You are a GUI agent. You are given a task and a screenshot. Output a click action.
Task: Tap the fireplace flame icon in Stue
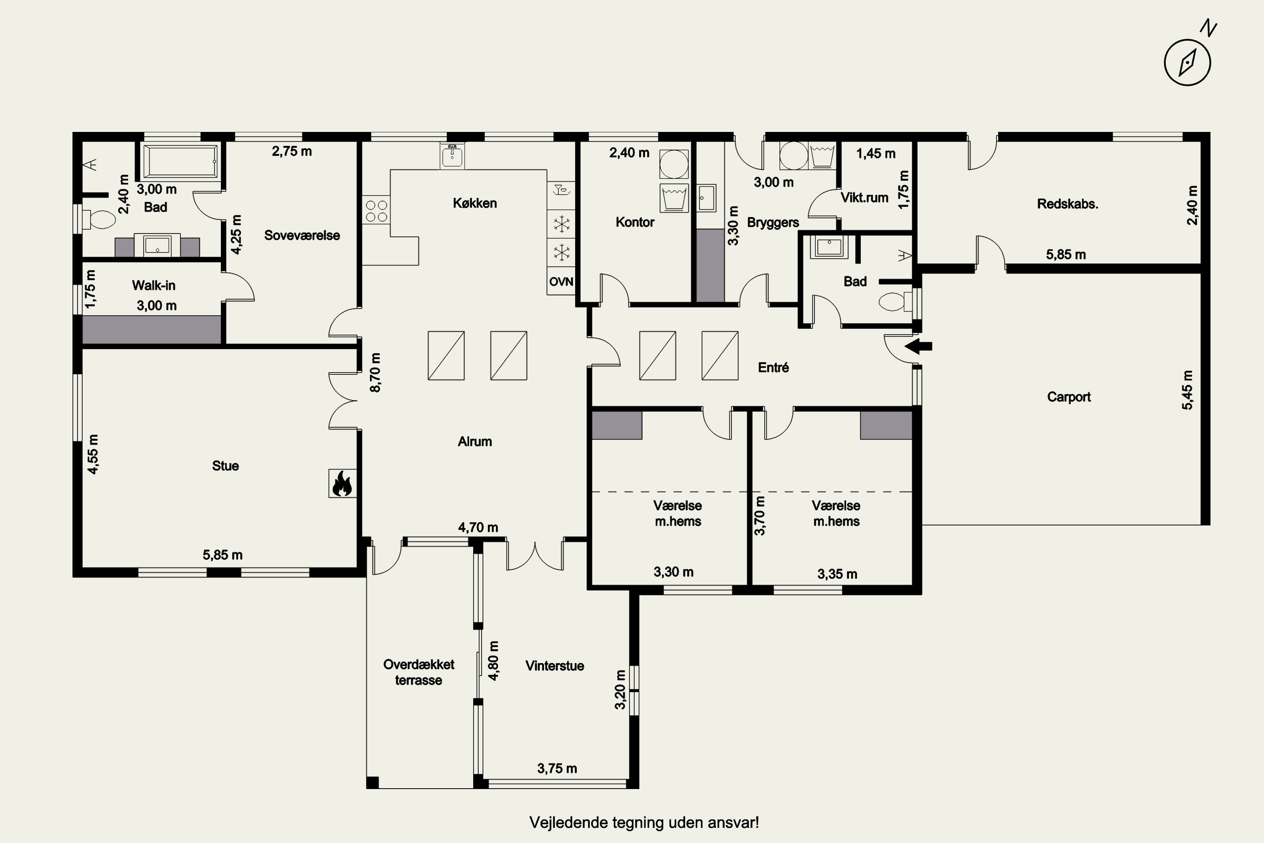click(342, 483)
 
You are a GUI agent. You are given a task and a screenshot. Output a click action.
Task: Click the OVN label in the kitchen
click(561, 282)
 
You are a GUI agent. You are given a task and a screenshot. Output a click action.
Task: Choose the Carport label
click(1069, 397)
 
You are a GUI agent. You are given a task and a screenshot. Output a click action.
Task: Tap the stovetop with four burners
click(376, 210)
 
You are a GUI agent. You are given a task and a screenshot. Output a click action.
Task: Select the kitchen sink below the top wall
click(452, 156)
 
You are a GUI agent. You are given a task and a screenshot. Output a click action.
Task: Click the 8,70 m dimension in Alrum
click(375, 373)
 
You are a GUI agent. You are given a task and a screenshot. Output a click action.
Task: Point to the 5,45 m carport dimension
click(1187, 390)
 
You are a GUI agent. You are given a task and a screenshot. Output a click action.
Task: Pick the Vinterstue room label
click(554, 666)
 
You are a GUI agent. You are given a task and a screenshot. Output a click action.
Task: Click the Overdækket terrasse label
click(419, 672)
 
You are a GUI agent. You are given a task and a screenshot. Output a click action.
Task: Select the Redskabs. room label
click(1067, 204)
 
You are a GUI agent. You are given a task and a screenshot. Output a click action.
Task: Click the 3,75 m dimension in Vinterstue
click(557, 768)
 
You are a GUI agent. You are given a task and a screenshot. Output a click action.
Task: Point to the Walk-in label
click(154, 285)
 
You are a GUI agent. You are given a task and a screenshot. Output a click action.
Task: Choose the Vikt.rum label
click(864, 197)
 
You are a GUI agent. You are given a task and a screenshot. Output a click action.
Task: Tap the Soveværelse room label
click(302, 235)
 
